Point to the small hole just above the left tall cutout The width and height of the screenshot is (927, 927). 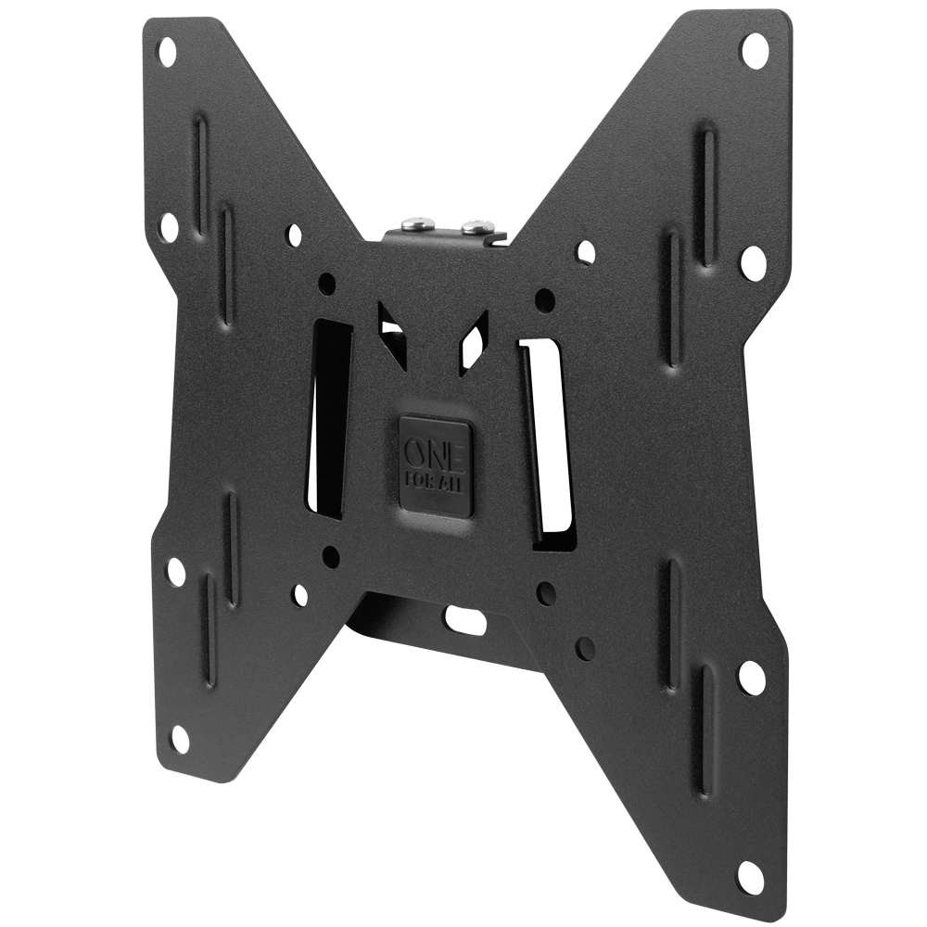[x=326, y=281]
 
